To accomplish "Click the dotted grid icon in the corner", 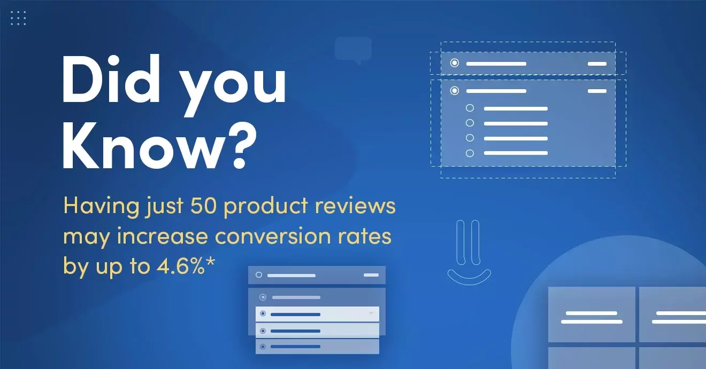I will coord(18,18).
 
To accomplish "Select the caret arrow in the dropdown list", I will coord(371,313).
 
